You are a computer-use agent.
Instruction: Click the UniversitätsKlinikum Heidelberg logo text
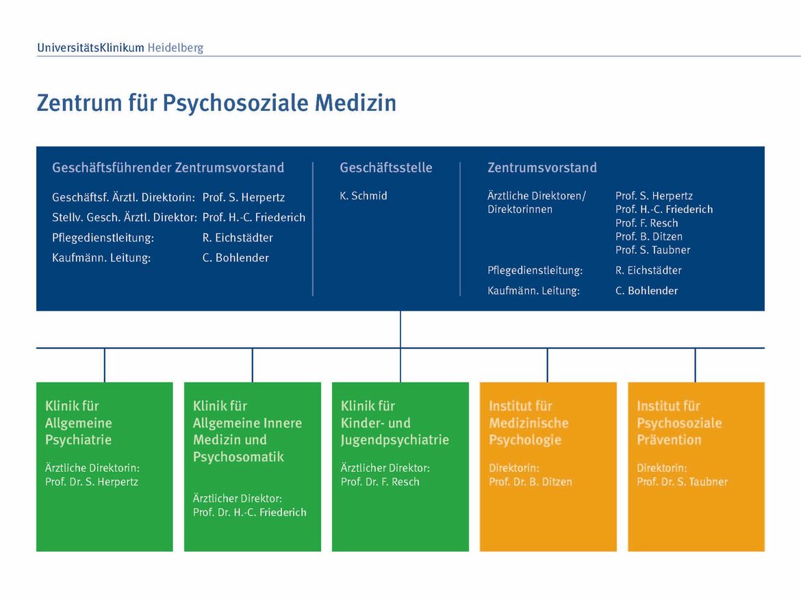coord(120,48)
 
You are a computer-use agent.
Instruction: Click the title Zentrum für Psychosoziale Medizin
coord(216,103)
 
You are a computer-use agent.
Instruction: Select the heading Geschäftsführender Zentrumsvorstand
coord(168,168)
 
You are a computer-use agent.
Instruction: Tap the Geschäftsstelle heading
coord(385,168)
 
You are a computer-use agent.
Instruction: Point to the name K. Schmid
coord(364,196)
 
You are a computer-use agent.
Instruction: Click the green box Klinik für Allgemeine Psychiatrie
coord(105,467)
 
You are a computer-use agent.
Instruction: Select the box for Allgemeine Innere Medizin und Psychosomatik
coord(253,467)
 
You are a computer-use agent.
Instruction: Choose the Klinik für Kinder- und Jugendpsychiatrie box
coord(400,467)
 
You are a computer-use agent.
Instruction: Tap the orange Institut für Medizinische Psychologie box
coord(548,467)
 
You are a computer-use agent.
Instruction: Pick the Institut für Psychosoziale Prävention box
coord(696,467)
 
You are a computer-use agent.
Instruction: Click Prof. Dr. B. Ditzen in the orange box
coord(531,482)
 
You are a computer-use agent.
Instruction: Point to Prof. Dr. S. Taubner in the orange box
coord(682,482)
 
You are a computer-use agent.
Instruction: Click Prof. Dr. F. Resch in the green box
coord(380,482)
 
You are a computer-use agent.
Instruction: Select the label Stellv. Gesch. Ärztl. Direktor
coord(125,218)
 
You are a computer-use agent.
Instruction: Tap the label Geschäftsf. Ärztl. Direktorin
coord(124,198)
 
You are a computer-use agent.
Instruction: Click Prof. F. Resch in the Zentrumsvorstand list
coord(647,223)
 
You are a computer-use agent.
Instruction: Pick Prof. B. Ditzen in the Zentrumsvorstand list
coord(649,236)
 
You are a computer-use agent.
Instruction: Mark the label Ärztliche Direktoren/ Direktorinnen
coord(536,202)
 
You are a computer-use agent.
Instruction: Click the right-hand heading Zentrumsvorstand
coord(542,168)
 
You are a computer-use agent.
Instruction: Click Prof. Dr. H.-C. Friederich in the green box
coord(250,512)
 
